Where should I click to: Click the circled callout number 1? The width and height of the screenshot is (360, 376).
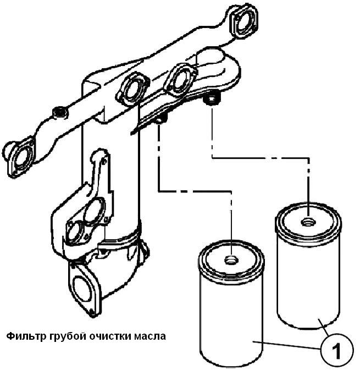336,349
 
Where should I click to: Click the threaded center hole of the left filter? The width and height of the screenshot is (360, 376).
232,258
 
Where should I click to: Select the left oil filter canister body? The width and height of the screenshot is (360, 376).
231,319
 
